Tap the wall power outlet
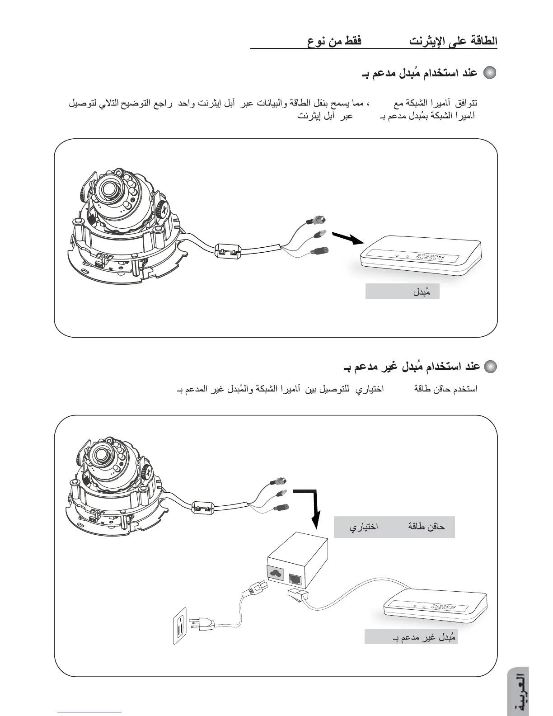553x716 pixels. tap(180, 625)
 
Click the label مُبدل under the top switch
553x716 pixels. tap(421, 292)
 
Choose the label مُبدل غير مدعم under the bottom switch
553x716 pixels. tap(423, 637)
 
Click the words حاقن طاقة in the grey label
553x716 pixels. tap(426, 527)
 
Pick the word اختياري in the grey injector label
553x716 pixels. tap(363, 527)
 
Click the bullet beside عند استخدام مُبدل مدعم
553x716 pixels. tap(490, 73)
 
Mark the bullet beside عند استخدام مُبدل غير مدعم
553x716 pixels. tap(490, 366)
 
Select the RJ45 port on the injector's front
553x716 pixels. tap(296, 578)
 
